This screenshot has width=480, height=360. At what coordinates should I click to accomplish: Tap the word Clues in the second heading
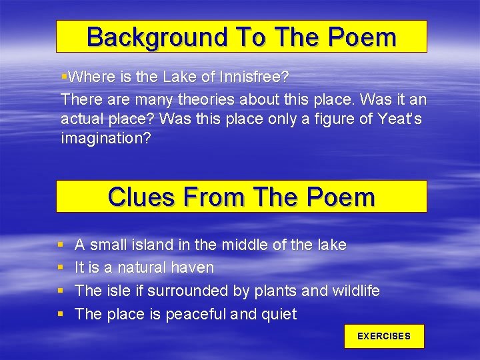[x=139, y=197]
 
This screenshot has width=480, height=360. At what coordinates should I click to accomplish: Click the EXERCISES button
[x=384, y=337]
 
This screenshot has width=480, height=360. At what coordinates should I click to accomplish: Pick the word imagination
[x=106, y=139]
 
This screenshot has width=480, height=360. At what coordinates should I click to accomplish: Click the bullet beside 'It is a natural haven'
[x=61, y=268]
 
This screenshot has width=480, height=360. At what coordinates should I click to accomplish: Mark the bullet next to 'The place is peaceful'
[x=61, y=314]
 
